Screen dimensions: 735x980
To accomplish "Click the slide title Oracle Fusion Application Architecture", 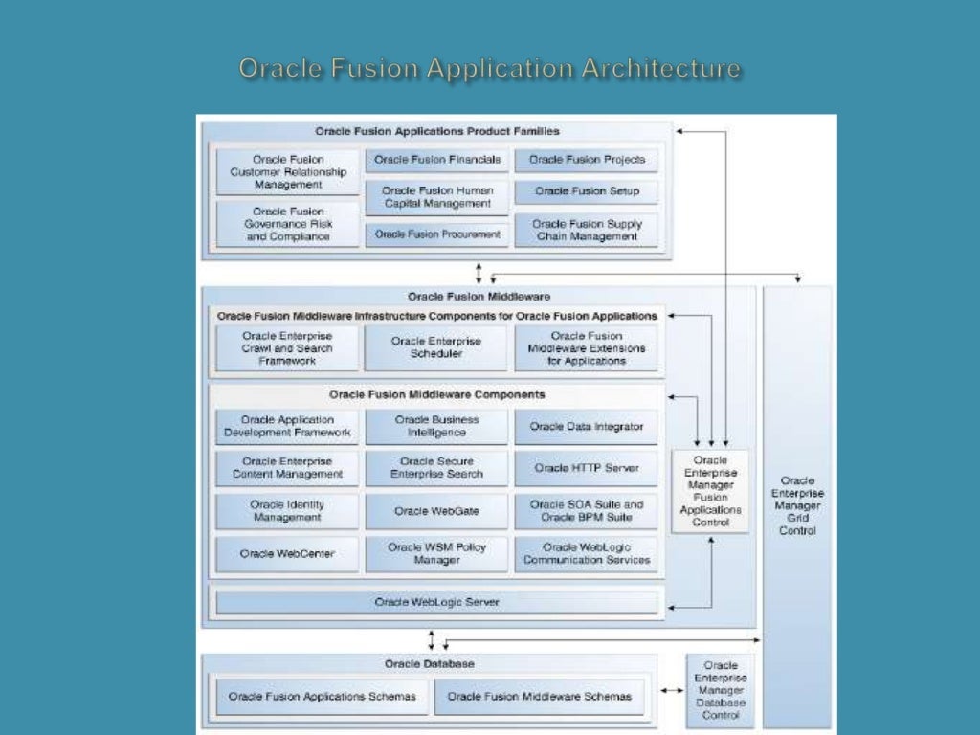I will pos(489,69).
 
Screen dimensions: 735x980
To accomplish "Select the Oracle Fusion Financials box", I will pos(436,160).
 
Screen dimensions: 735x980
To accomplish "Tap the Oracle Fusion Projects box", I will pos(587,160).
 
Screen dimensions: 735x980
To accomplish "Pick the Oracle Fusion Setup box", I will pos(587,191).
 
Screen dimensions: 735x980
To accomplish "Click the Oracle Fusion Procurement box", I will pos(436,234).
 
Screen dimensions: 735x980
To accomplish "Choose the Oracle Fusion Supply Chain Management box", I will pos(587,230).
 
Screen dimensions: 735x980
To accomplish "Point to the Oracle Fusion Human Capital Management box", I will pos(436,197).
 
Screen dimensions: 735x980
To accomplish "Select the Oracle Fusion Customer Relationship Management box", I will pos(288,172).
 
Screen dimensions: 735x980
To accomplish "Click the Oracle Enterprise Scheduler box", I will pos(436,347).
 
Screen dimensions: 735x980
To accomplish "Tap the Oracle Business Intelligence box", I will pos(436,427).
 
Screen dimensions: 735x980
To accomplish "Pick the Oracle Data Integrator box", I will pos(587,427).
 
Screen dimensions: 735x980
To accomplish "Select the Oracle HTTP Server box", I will pos(587,468).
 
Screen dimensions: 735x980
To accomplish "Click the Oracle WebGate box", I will pos(436,511).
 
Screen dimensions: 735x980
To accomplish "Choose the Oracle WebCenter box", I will pos(287,554).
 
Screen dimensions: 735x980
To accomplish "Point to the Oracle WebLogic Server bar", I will pos(436,602).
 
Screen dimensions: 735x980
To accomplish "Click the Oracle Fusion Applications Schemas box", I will pos(322,697).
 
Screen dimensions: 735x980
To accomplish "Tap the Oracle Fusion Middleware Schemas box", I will pos(539,697).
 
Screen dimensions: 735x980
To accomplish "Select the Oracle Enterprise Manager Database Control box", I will pos(720,690).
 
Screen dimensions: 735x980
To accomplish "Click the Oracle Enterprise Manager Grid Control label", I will pos(797,505).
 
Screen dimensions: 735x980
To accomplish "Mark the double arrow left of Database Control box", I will pos(673,690).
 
